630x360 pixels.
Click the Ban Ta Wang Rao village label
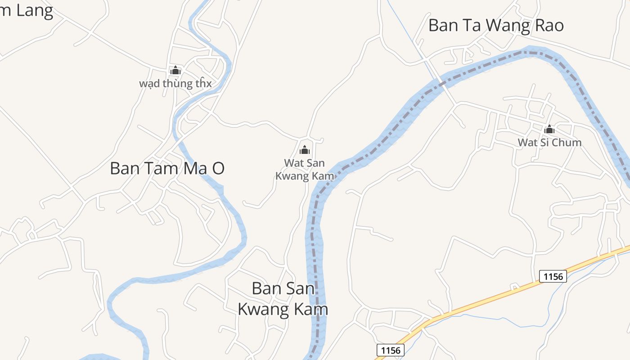496,26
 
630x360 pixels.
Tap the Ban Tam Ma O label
167,169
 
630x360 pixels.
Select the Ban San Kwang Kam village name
283,299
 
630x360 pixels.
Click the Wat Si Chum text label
549,143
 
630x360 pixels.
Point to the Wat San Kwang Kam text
305,170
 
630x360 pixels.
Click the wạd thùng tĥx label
175,84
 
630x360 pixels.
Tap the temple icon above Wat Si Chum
549,130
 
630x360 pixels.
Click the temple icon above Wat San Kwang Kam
305,150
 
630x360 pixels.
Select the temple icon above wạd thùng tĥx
175,71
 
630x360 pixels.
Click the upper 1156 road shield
553,276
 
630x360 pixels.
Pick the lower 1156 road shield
390,350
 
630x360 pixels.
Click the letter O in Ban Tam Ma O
218,169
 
